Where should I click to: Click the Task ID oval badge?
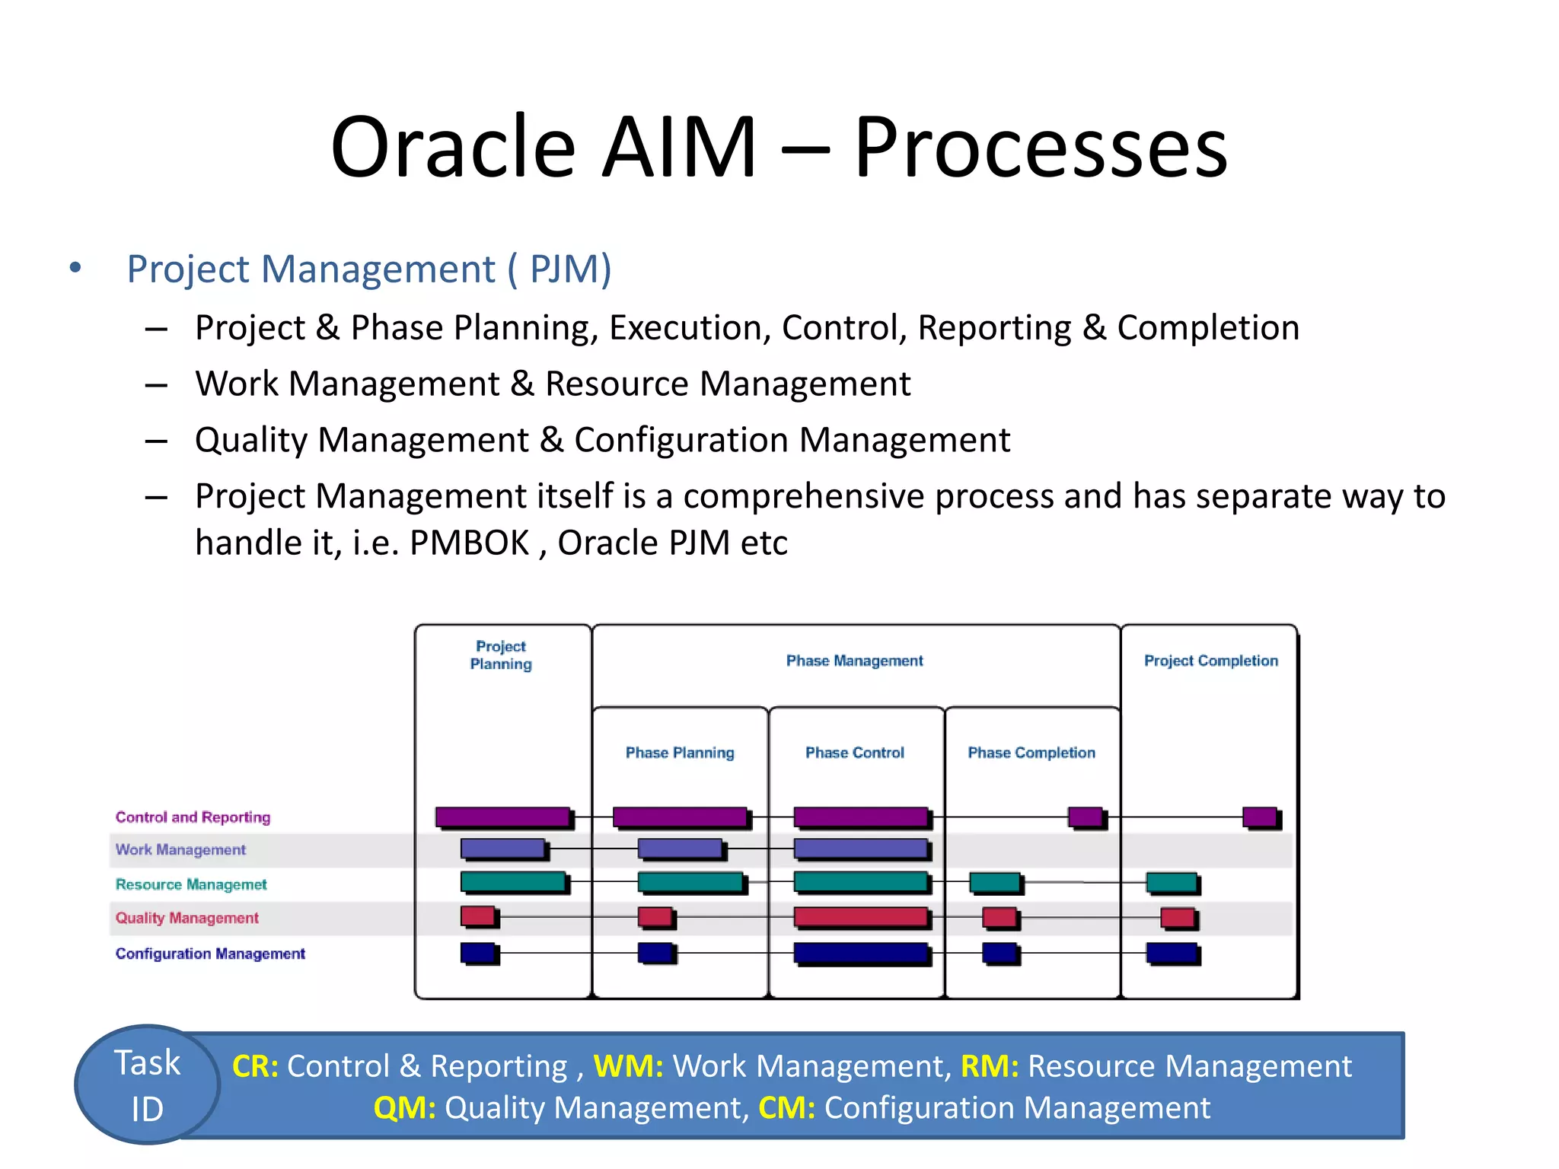pos(147,1085)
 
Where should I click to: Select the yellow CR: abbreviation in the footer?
pos(254,1066)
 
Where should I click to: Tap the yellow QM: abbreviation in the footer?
pos(404,1108)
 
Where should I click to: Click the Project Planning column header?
pos(501,655)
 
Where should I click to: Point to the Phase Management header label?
pos(854,661)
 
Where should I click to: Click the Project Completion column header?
pos(1210,661)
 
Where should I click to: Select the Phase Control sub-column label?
pos(855,753)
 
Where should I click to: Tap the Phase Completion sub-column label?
pos(1031,753)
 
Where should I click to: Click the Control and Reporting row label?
pos(193,817)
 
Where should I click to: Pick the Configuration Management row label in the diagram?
pos(210,954)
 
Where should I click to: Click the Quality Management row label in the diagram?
pos(187,918)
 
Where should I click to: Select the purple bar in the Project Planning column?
pos(502,817)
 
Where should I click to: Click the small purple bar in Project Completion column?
pos(1260,817)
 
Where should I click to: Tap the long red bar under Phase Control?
pos(860,916)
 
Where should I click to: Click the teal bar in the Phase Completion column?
pos(994,882)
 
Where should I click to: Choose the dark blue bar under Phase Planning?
pos(655,952)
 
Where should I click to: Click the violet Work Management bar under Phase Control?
pos(860,848)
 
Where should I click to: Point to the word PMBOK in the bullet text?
pos(470,543)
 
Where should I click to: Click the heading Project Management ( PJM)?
pos(369,269)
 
